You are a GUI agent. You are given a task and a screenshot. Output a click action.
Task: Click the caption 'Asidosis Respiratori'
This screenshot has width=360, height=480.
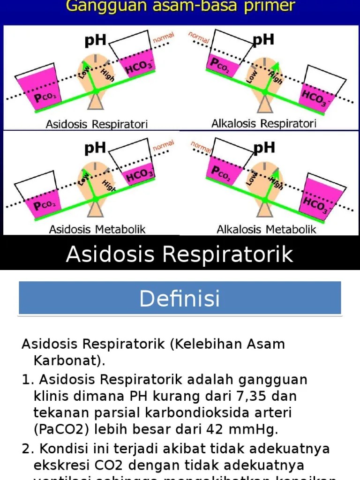[97, 124]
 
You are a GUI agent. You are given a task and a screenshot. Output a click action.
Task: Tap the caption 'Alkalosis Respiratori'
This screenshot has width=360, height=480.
[264, 124]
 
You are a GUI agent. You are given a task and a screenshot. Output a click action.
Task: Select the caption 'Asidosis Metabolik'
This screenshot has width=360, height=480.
[97, 229]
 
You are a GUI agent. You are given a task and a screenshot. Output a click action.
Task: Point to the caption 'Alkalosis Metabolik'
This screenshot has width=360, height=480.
[266, 229]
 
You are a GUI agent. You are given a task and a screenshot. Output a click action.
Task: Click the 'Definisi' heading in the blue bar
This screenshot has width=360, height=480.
[180, 298]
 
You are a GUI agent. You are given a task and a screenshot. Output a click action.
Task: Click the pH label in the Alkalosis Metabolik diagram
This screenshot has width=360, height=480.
[263, 149]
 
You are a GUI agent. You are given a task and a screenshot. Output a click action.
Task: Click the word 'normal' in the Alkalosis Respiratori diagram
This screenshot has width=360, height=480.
[199, 38]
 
